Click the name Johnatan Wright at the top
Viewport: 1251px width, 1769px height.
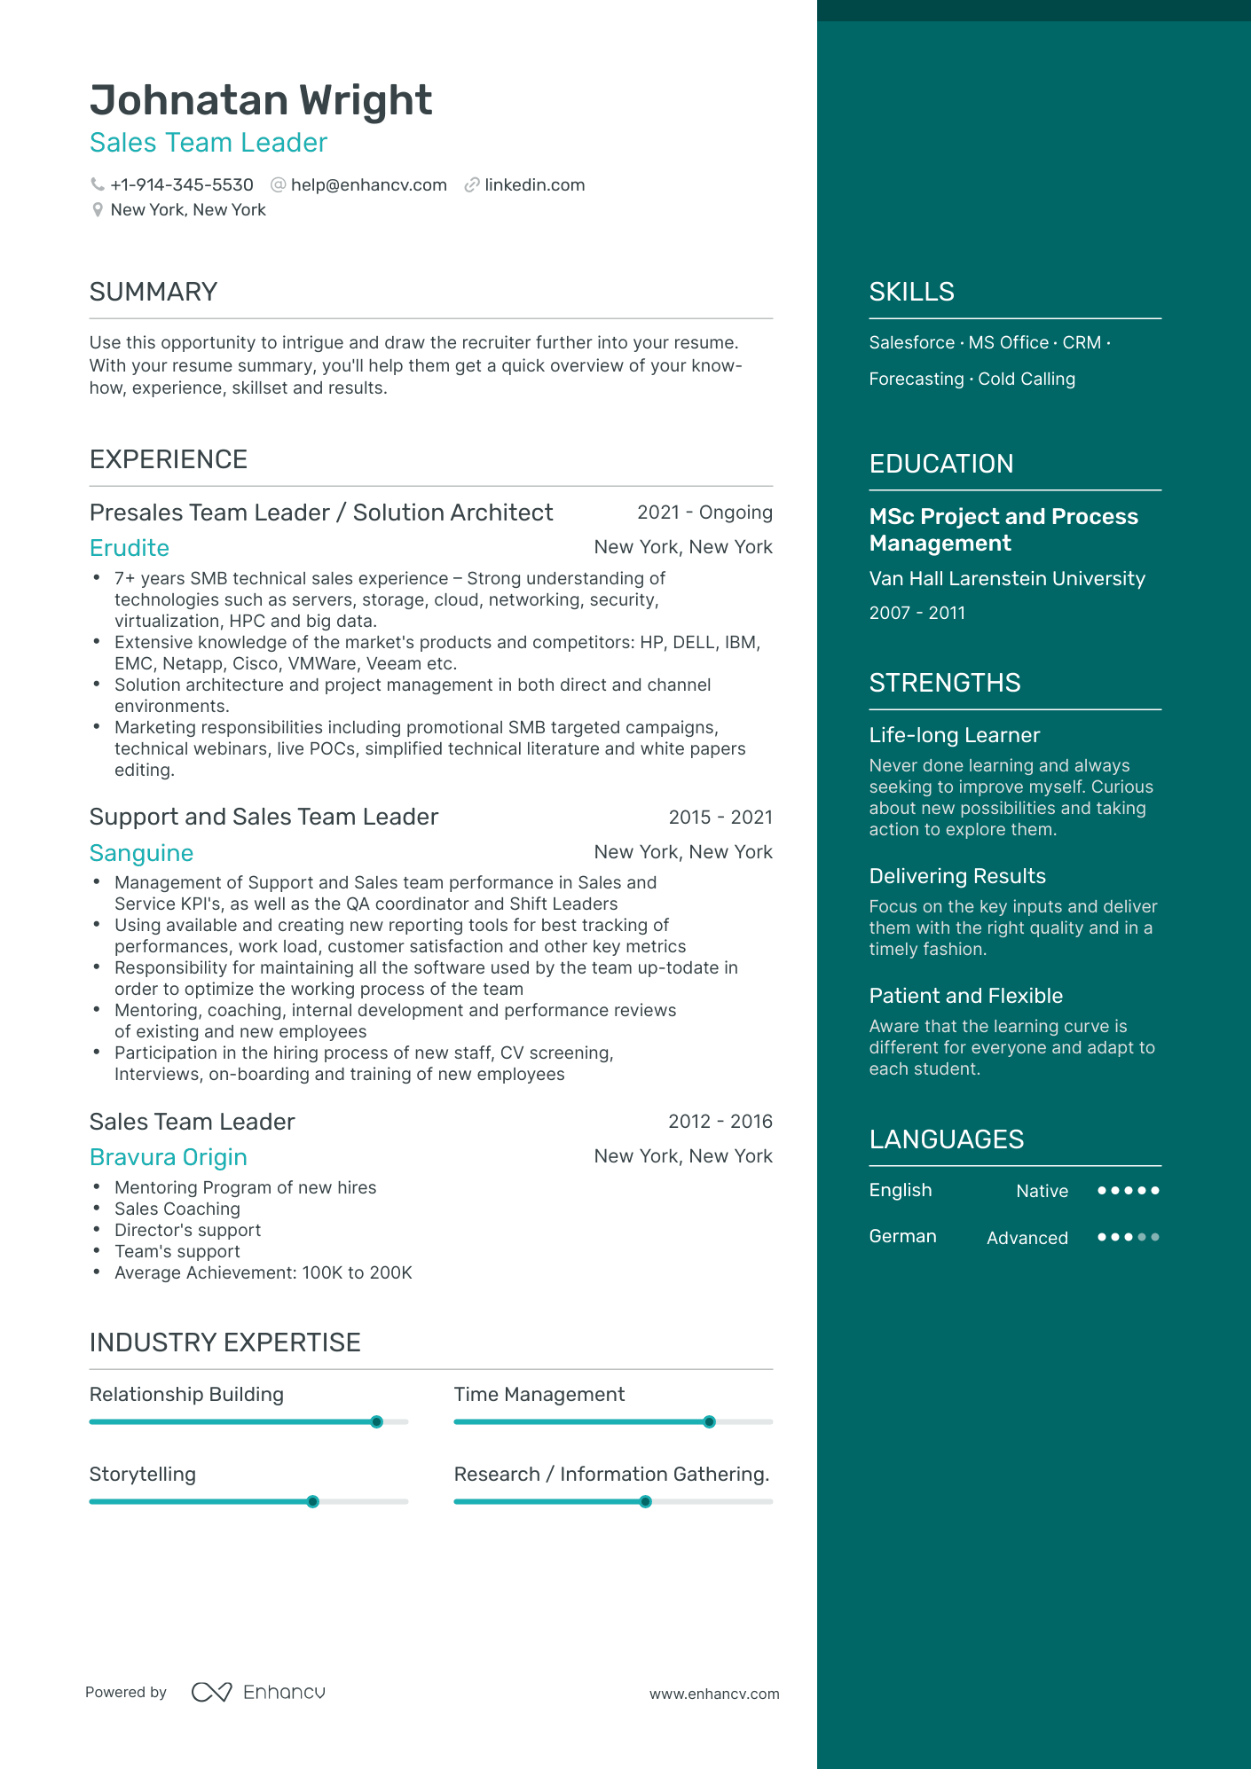click(x=261, y=100)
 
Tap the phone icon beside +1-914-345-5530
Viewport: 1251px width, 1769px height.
click(x=97, y=184)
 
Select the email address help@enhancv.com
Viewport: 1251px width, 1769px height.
click(x=368, y=184)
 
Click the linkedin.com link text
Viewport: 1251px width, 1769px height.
click(x=534, y=184)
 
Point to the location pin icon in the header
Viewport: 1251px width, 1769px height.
click(x=98, y=210)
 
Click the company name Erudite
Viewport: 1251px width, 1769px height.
click(x=130, y=548)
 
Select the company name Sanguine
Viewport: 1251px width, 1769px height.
click(x=141, y=853)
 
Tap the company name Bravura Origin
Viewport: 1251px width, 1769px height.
click(x=169, y=1157)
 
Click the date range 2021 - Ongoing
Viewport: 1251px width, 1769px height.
click(x=704, y=513)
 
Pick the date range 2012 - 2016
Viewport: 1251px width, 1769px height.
click(x=720, y=1122)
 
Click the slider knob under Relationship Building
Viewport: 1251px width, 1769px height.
click(x=377, y=1421)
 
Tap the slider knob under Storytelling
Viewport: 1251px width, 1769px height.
click(x=313, y=1501)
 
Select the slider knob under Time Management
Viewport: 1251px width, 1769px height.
click(x=709, y=1421)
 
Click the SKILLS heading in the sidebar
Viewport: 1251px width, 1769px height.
click(x=911, y=292)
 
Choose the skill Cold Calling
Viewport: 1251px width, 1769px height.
click(x=1026, y=379)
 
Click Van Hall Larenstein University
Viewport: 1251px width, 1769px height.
click(x=1007, y=579)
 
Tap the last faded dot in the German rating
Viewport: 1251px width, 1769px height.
click(x=1154, y=1237)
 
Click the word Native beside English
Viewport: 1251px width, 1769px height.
click(x=1042, y=1191)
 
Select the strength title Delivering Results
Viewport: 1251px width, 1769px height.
click(x=957, y=876)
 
